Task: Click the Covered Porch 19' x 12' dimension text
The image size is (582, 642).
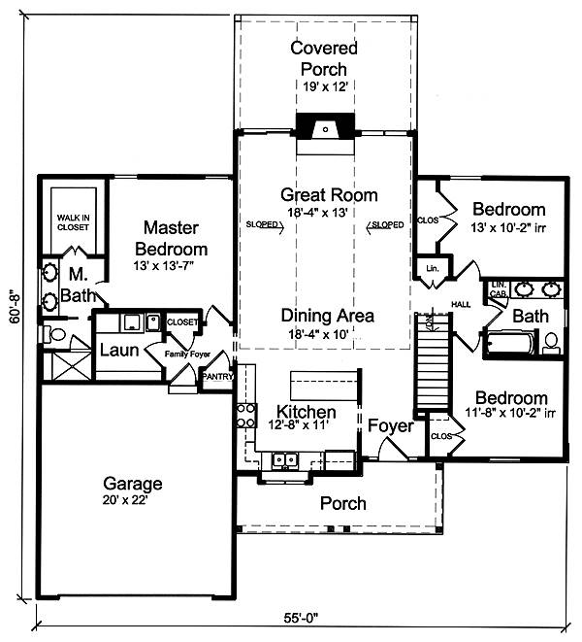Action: [x=325, y=86]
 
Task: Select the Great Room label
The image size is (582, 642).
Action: [x=329, y=195]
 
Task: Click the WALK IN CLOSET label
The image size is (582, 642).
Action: [x=73, y=222]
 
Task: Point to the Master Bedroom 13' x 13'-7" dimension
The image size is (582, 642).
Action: [x=163, y=266]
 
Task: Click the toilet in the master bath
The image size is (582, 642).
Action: [x=54, y=334]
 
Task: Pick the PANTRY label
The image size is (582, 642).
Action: [x=217, y=376]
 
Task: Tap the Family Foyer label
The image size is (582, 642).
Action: [x=187, y=354]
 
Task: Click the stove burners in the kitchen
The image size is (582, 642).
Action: [x=246, y=415]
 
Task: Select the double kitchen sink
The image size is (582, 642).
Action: [x=285, y=459]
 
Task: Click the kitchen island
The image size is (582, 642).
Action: [x=325, y=386]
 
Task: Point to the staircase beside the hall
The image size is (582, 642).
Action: [x=433, y=361]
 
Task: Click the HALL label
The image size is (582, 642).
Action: [x=461, y=305]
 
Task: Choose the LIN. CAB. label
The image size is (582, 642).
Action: [x=499, y=289]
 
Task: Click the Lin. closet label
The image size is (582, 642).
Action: [x=433, y=269]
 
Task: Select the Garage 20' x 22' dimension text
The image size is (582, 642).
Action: [x=125, y=500]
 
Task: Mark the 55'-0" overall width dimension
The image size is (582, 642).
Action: [x=301, y=617]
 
